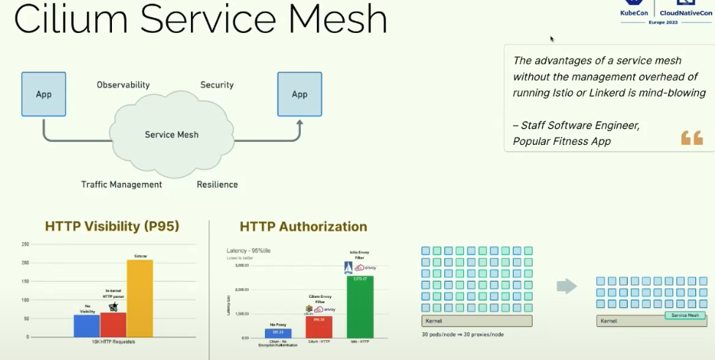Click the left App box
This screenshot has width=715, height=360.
[44, 94]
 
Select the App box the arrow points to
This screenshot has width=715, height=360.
[299, 94]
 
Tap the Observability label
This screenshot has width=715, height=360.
[123, 85]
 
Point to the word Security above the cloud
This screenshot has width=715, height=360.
[217, 85]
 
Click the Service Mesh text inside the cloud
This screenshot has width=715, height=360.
[171, 135]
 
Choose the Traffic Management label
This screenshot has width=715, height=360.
[121, 184]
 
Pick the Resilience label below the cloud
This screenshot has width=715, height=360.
[217, 184]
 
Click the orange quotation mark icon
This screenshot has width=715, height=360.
[692, 137]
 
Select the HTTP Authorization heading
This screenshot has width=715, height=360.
[303, 227]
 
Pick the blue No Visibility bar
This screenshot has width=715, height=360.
[86, 326]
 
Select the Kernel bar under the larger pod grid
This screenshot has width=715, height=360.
[476, 321]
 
